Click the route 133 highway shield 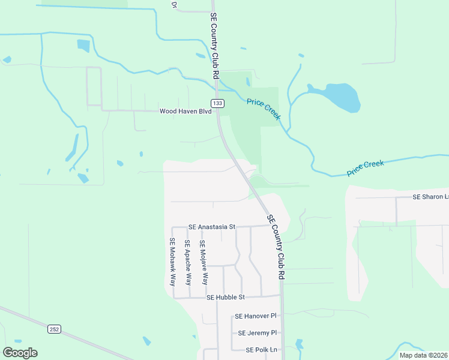(217, 103)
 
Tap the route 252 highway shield (55, 329)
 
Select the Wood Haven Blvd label (185, 111)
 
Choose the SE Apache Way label (187, 262)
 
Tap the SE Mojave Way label (203, 262)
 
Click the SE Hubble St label (226, 297)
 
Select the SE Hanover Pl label (255, 316)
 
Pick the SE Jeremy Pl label (257, 333)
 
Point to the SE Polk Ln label (262, 350)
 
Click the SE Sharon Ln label (430, 197)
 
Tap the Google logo (20, 353)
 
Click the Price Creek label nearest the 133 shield (264, 109)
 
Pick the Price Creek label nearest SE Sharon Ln (365, 168)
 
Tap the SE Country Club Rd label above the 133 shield (214, 45)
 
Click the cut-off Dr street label (174, 4)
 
